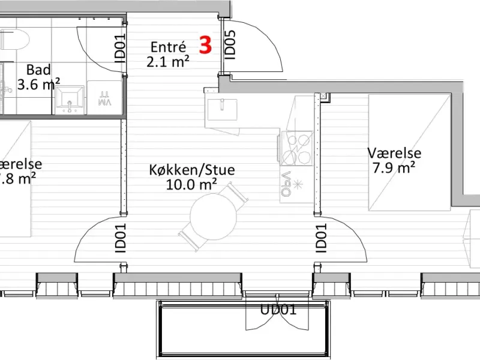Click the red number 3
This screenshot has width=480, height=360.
click(x=205, y=46)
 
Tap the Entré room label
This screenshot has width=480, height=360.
click(x=168, y=47)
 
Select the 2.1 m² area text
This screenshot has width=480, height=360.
click(x=168, y=61)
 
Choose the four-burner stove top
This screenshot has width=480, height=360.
click(x=296, y=149)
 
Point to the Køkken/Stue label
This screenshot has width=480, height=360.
click(x=192, y=170)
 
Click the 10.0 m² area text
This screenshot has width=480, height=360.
click(x=191, y=184)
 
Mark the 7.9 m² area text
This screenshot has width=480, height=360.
click(x=394, y=168)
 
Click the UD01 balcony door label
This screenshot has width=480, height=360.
click(x=278, y=310)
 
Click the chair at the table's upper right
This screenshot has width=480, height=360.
click(x=234, y=193)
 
